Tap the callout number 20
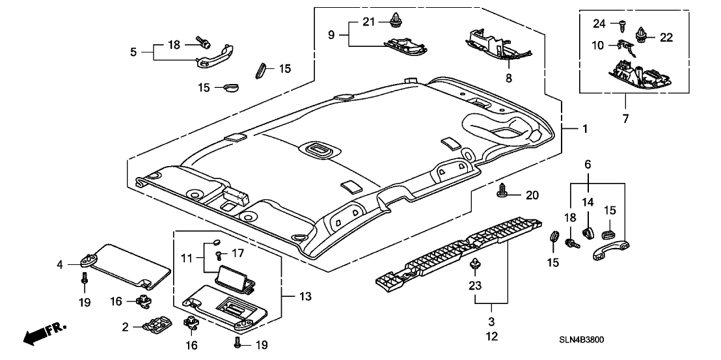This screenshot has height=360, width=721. tap(533, 195)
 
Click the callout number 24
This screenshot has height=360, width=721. tap(599, 24)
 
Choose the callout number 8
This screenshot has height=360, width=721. tap(508, 77)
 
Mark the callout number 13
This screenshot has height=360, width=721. tap(305, 296)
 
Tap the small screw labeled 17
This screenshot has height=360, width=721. tap(219, 254)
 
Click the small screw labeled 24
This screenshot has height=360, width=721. tap(621, 27)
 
